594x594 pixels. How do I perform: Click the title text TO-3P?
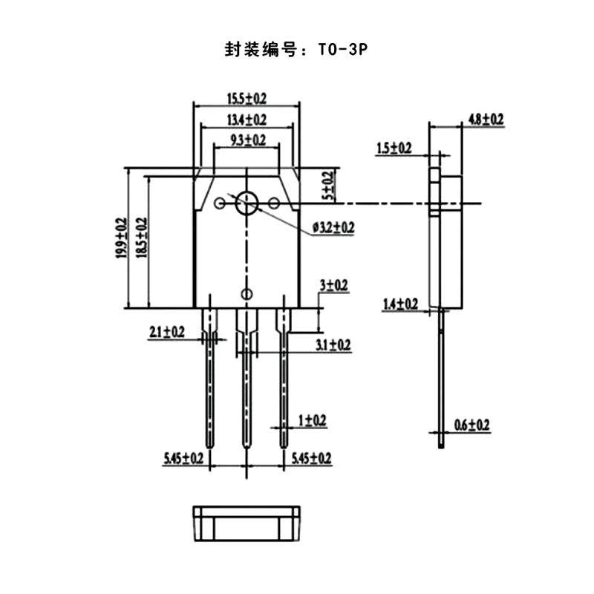(x=342, y=50)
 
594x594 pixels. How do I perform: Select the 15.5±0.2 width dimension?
(x=247, y=99)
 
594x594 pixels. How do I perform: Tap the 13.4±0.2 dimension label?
(x=247, y=120)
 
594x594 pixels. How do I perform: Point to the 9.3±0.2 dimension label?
(x=248, y=140)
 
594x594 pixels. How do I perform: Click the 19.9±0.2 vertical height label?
(x=121, y=238)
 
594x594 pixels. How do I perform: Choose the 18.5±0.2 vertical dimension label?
(x=142, y=238)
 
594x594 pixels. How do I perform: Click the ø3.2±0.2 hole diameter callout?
(x=333, y=228)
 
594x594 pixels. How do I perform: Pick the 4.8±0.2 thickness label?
(x=486, y=119)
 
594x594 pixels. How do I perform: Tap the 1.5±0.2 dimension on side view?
(x=394, y=148)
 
